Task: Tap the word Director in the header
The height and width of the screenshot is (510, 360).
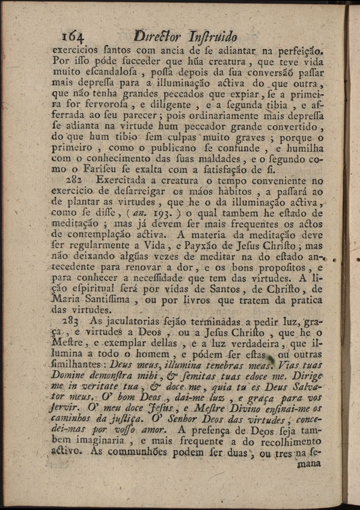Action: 156,36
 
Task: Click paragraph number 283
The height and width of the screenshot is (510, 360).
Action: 71,321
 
